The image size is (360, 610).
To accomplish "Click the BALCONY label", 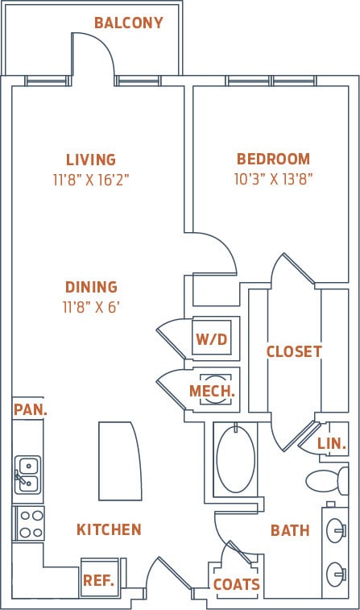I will click(x=128, y=23).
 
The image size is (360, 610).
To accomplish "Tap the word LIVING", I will click(x=91, y=160).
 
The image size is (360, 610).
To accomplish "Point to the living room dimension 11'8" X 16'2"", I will click(x=91, y=180).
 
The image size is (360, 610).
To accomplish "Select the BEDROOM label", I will click(x=273, y=159).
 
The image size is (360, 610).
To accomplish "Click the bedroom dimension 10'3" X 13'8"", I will click(x=273, y=179).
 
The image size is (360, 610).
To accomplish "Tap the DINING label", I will click(x=91, y=287).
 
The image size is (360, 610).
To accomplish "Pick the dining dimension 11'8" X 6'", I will click(x=91, y=307).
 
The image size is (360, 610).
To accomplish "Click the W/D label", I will click(x=211, y=339).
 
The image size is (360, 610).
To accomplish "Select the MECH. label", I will click(x=212, y=392).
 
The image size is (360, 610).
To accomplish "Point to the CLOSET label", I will click(x=294, y=351).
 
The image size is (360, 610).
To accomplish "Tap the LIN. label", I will click(x=331, y=444).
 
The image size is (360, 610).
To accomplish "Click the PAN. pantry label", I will click(x=31, y=409).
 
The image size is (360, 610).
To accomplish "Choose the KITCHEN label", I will click(x=109, y=529).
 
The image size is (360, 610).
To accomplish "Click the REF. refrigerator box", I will click(x=98, y=579).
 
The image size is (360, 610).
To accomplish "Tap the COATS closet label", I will click(x=236, y=584).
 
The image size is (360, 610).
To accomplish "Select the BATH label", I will click(x=290, y=530).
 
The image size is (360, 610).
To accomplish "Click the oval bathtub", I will click(x=235, y=459).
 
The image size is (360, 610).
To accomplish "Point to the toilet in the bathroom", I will click(x=327, y=481).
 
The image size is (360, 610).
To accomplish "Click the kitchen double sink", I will click(x=27, y=475).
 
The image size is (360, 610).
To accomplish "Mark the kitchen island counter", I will click(x=119, y=460).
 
